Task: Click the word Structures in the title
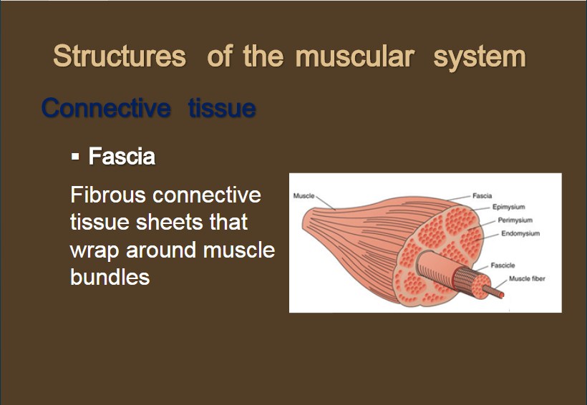coord(120,56)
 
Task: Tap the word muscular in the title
coord(354,57)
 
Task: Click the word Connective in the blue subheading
coord(107,108)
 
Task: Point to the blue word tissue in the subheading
coord(223,108)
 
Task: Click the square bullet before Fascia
coord(75,156)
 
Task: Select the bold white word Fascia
coord(122,156)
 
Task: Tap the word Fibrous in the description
coord(108,195)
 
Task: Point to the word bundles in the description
coord(110,277)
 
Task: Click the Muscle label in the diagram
coord(304,196)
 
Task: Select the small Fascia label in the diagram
coord(482,196)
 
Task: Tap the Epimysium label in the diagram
coord(508,207)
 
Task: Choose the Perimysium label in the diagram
coord(515,220)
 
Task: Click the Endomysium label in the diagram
coord(520,233)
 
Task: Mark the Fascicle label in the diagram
coord(503,265)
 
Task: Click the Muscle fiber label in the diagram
coord(527,278)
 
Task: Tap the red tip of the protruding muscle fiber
coord(501,295)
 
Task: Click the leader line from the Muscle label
coord(326,203)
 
